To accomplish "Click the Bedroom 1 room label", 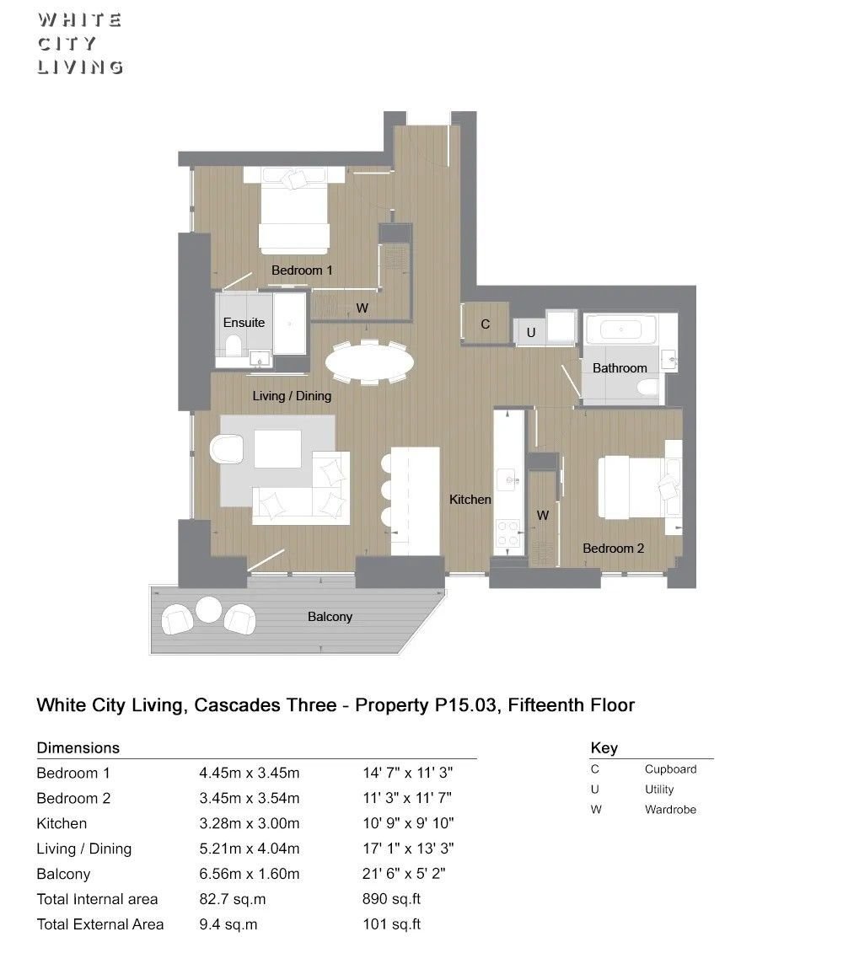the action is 302,270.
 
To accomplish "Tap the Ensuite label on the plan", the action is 244,323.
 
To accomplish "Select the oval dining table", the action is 369,363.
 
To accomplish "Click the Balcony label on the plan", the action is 330,617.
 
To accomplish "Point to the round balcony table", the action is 208,609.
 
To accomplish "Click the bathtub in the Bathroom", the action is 620,329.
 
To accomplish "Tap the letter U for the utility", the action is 531,333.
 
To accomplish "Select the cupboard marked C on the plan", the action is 486,324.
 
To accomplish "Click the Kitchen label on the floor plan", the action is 470,500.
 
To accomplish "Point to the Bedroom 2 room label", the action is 613,549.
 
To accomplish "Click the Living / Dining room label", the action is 292,396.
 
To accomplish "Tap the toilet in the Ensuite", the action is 234,346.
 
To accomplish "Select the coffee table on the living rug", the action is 277,448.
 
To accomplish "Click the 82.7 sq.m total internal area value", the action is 233,899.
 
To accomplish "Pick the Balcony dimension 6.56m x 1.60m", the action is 250,874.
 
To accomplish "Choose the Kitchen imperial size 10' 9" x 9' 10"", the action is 408,823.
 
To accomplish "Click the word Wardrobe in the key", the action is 670,810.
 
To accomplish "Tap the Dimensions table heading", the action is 78,747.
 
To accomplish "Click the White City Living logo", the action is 80,44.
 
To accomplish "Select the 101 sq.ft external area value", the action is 392,924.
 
